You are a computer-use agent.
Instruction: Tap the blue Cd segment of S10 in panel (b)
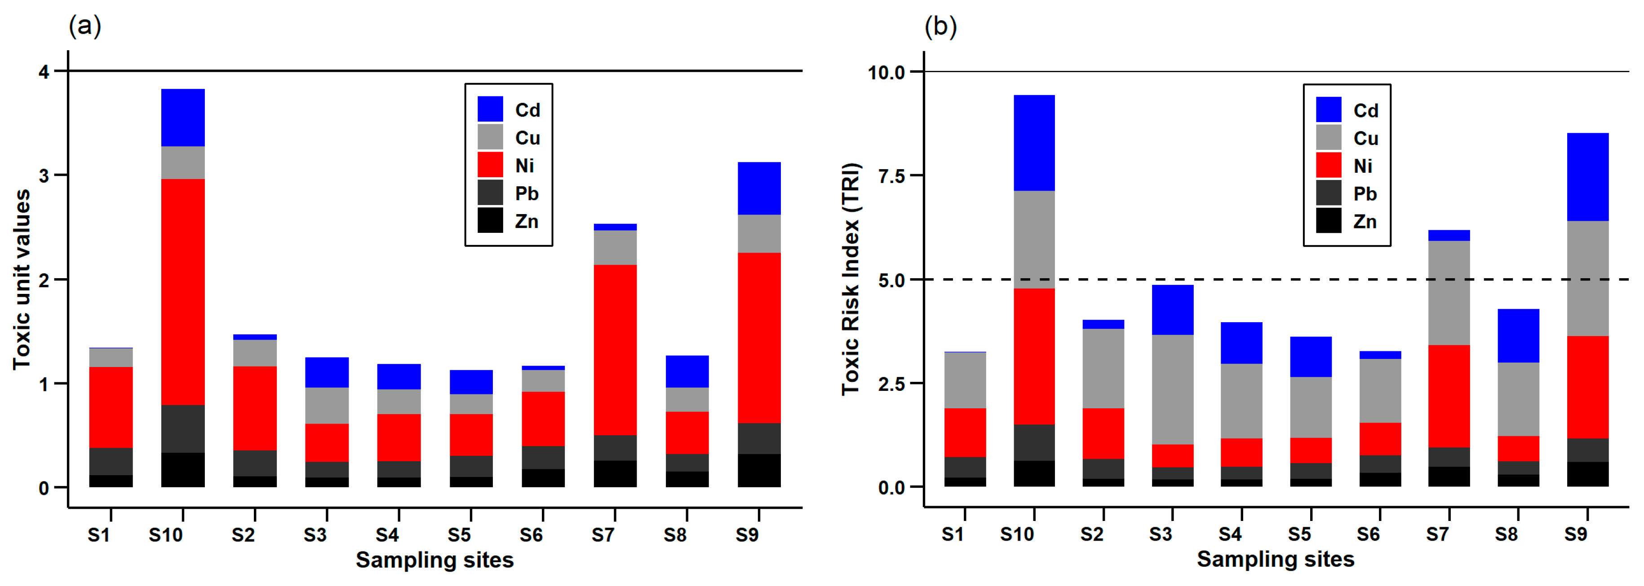click(1034, 143)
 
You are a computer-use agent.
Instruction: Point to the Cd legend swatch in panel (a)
click(490, 109)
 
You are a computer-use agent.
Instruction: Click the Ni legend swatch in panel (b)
click(1328, 165)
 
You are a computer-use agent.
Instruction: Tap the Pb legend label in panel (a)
click(527, 193)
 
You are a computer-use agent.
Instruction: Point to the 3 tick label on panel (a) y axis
click(44, 176)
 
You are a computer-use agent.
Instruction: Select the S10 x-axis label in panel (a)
click(165, 534)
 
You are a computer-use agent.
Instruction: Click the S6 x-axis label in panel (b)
click(1368, 534)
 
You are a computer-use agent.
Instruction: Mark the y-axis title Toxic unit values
click(22, 279)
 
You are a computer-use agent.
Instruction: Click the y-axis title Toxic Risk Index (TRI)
click(851, 279)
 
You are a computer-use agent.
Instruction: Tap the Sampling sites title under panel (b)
click(1275, 559)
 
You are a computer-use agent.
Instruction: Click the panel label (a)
click(85, 26)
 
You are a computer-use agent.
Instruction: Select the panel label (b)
click(940, 26)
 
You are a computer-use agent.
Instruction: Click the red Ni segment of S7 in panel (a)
click(615, 350)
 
